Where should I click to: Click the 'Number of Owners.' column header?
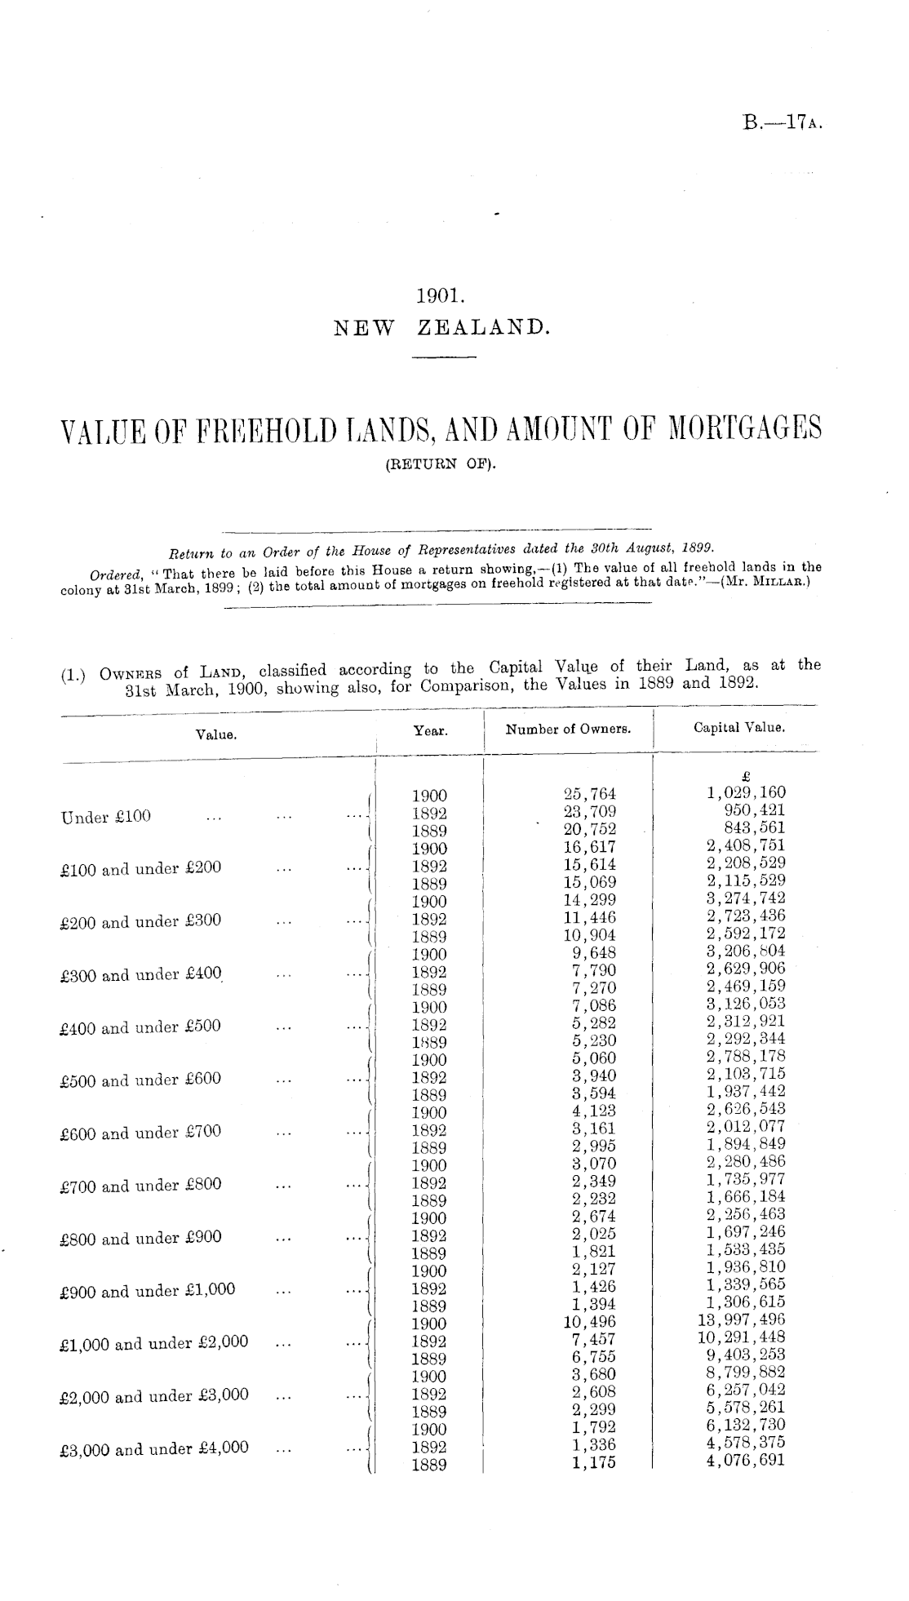pos(568,730)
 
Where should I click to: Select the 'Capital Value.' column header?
pos(738,727)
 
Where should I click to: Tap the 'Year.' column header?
pos(430,731)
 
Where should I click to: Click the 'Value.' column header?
pos(216,734)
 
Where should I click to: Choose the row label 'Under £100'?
pos(106,817)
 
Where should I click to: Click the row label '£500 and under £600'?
pos(140,1080)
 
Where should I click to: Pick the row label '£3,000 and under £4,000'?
pos(154,1449)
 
